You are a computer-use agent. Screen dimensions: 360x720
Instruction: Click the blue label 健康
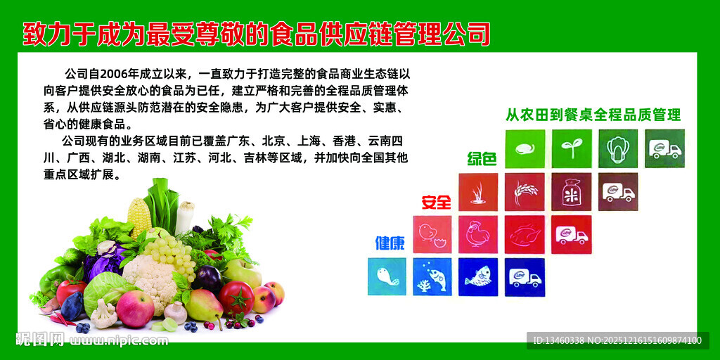click(390, 243)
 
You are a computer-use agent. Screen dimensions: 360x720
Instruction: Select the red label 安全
click(436, 202)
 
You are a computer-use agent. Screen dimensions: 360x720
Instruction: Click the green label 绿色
click(482, 159)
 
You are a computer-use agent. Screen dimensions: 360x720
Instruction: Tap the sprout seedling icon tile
click(571, 148)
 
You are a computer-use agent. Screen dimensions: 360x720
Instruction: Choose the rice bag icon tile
click(571, 191)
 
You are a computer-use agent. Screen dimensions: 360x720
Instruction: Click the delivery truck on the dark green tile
click(664, 148)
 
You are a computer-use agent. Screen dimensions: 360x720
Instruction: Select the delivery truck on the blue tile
click(525, 277)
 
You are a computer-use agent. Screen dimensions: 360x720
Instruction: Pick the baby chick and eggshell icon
click(432, 234)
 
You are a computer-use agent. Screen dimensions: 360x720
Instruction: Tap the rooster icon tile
click(478, 234)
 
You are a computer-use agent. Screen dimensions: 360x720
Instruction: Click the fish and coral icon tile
click(432, 277)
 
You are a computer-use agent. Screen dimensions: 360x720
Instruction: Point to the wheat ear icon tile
click(525, 191)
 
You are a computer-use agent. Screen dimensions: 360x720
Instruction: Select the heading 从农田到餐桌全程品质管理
click(593, 115)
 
